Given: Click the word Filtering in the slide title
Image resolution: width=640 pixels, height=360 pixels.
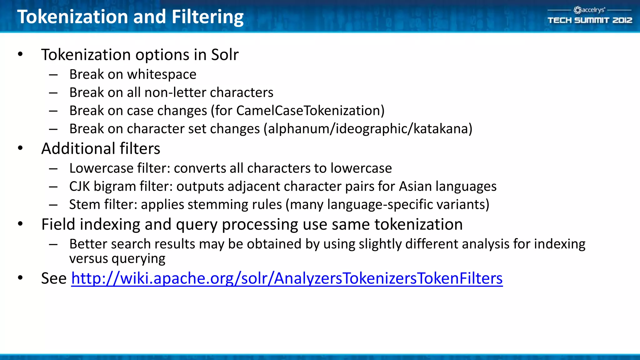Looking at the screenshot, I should tap(207, 17).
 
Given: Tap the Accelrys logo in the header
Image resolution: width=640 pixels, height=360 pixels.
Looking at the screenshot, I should tap(589, 10).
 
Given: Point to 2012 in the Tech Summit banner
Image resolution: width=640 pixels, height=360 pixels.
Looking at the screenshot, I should tap(622, 20).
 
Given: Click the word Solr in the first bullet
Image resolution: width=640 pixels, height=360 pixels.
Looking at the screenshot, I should tap(225, 55).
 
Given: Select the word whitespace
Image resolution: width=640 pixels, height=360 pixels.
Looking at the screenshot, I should tap(162, 74).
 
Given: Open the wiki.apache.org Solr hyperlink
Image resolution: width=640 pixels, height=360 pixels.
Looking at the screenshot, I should tap(287, 278).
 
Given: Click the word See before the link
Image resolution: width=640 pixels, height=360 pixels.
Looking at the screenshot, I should tap(54, 278).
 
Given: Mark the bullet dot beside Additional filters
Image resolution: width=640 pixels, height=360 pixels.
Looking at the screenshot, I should tap(20, 148).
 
